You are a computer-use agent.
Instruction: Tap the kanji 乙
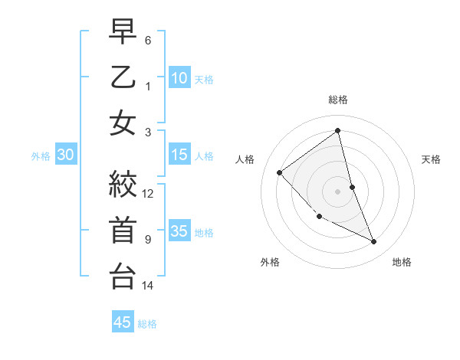pos(123,77)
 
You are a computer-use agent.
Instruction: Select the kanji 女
pos(123,123)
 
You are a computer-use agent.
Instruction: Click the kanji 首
pos(123,231)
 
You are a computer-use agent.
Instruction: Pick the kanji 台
pos(123,277)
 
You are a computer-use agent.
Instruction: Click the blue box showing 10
pos(179,77)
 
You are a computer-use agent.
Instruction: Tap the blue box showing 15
pos(179,155)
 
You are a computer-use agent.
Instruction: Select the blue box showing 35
pos(179,231)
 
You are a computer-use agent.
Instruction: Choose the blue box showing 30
pos(66,155)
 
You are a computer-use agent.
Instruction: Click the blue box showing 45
pos(123,322)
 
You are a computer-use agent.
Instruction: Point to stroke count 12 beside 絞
pos(148,193)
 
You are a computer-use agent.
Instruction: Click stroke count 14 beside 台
pos(148,286)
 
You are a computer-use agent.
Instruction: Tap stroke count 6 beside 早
pos(148,40)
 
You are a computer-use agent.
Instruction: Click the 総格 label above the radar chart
pos(337,100)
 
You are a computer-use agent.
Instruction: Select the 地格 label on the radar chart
pos(402,262)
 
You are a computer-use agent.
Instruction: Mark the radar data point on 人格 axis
pos(280,172)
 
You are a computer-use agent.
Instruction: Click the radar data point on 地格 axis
pos(373,242)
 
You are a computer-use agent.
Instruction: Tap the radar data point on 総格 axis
pos(337,131)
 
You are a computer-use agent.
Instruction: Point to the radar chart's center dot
pos(337,191)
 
